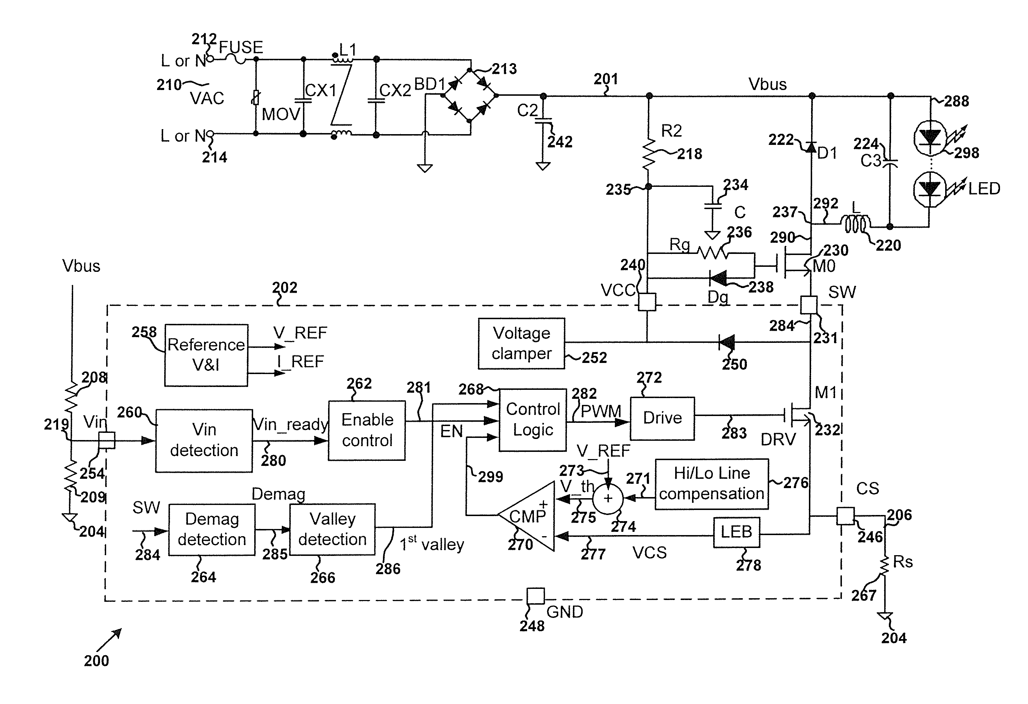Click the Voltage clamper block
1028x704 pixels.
click(521, 343)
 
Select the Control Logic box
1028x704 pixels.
click(532, 420)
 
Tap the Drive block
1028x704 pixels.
click(662, 418)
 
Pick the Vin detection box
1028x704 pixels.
click(204, 440)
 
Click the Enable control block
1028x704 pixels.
click(367, 430)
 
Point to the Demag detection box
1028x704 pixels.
click(212, 529)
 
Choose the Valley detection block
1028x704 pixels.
click(332, 529)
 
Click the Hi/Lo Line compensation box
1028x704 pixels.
click(711, 484)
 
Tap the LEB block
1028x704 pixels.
click(736, 532)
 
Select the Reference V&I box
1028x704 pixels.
click(206, 355)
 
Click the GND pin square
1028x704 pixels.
click(535, 596)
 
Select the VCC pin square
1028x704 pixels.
click(647, 302)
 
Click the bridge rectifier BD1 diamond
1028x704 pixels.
click(470, 95)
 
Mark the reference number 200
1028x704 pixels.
click(96, 661)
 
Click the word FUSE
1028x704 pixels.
click(241, 47)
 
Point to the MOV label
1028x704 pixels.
click(281, 115)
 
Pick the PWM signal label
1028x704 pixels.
click(601, 411)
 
